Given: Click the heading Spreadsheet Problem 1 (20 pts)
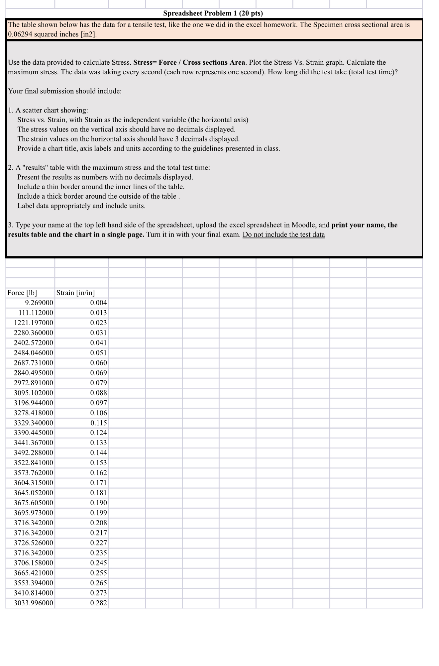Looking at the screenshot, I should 213,13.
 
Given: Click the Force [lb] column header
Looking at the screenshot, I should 22,293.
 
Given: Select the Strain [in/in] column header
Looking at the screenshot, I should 76,293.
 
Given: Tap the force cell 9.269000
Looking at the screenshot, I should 39,303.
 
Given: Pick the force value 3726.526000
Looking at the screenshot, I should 33,543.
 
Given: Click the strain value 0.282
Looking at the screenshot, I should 98,603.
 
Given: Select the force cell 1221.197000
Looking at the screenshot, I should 33,323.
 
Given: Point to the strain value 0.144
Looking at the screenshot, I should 98,453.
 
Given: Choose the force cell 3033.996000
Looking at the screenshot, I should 33,603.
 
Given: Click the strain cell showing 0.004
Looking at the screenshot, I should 98,303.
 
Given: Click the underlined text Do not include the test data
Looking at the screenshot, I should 283,235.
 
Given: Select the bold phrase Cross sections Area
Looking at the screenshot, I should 214,62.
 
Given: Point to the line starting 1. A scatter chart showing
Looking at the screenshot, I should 48,110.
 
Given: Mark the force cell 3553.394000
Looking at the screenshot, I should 33,583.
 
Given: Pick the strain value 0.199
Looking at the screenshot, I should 98,513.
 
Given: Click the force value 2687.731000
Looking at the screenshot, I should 33,363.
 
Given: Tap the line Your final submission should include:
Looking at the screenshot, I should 65,91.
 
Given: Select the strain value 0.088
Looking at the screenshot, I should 98,393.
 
